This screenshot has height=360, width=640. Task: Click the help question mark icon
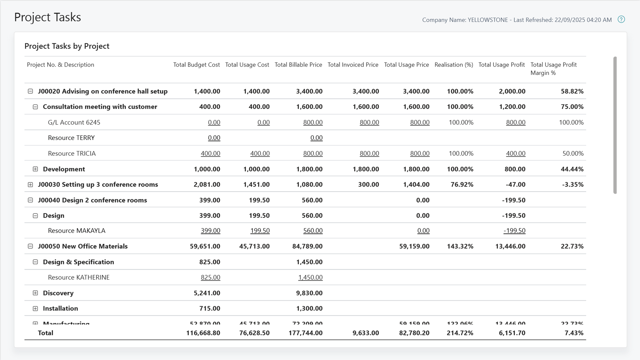621,19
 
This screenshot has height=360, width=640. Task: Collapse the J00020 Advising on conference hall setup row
30,91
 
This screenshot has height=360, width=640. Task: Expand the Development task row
35,169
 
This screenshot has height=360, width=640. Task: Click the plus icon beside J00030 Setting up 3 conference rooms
30,185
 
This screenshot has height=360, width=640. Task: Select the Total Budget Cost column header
196,65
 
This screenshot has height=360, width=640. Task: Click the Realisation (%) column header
453,65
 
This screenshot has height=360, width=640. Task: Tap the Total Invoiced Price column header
353,65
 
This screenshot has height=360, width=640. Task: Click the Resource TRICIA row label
72,153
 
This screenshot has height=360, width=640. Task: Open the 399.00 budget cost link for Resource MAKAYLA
210,231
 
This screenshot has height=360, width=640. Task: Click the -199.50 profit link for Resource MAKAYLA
514,231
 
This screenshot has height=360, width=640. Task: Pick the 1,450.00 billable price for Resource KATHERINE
310,277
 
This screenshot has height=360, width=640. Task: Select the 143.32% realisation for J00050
460,246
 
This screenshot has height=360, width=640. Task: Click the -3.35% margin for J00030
572,185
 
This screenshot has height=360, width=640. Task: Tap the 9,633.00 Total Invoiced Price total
365,333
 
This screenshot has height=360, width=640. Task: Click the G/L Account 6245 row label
74,122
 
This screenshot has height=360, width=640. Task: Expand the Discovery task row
35,293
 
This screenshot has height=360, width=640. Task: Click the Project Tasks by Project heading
67,46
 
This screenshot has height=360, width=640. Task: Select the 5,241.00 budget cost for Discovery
207,293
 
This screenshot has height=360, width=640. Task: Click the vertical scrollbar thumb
615,125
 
